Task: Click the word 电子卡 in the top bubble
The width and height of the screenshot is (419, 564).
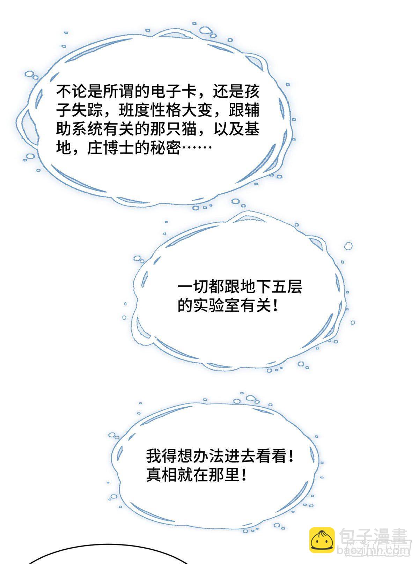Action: (173, 91)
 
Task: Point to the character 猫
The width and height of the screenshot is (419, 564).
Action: (189, 129)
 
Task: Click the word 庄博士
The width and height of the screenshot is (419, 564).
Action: (111, 148)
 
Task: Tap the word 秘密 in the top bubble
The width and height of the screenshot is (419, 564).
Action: (166, 148)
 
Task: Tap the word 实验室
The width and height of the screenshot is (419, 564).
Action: (216, 305)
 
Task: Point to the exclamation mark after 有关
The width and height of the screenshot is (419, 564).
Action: (274, 305)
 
